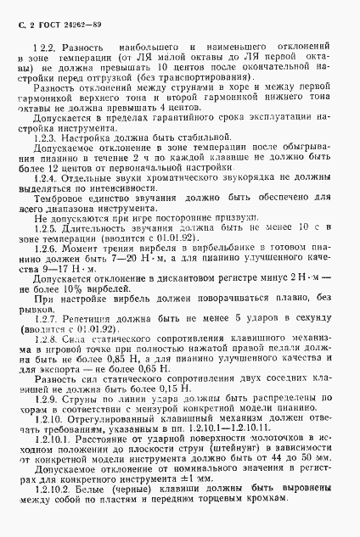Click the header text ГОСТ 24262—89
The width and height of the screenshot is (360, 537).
click(58, 14)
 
